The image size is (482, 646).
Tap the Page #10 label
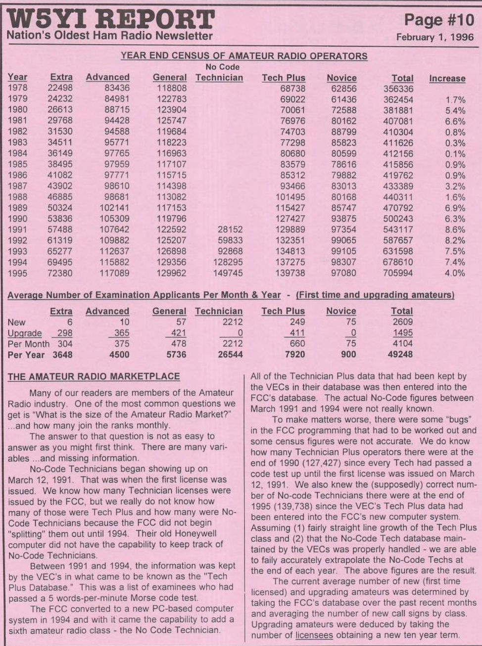click(x=439, y=19)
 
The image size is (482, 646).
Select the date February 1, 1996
click(x=434, y=37)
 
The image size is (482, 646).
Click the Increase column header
click(x=447, y=78)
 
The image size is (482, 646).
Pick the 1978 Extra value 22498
click(x=60, y=88)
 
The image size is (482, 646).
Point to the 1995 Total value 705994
click(x=398, y=273)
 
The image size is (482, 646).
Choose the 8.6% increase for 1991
click(x=455, y=230)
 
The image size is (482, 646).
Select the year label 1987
click(x=18, y=186)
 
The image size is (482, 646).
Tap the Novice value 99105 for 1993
click(x=343, y=251)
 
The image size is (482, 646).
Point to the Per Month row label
click(x=28, y=344)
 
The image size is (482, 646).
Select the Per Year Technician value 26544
click(x=230, y=354)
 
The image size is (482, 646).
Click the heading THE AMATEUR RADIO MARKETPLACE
click(x=94, y=376)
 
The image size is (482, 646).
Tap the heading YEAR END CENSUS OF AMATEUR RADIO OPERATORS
click(x=244, y=56)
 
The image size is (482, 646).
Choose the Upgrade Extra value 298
click(x=64, y=333)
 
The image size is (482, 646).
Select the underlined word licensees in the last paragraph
click(x=314, y=635)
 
